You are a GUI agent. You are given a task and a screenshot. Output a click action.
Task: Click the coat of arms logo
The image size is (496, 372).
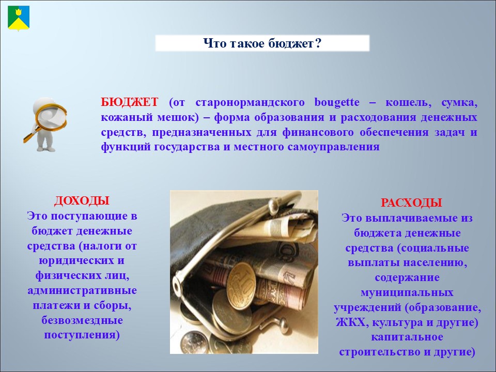pyautogui.click(x=19, y=19)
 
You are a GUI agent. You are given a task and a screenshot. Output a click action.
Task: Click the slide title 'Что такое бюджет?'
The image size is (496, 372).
pyautogui.click(x=262, y=43)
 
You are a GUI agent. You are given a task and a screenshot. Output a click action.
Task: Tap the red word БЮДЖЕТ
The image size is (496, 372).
pyautogui.click(x=130, y=102)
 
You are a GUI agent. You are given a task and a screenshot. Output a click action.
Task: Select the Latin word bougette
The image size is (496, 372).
pyautogui.click(x=337, y=102)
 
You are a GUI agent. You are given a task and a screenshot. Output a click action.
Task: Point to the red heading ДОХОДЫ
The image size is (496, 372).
pyautogui.click(x=82, y=201)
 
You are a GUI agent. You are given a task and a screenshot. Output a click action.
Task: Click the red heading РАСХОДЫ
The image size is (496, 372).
pyautogui.click(x=411, y=203)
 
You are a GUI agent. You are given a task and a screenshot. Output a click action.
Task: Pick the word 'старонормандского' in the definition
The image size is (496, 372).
pyautogui.click(x=250, y=102)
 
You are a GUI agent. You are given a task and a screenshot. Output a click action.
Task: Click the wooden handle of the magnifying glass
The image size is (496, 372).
pyautogui.click(x=31, y=135)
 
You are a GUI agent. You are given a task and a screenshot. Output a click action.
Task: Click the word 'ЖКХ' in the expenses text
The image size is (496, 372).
pyautogui.click(x=352, y=322)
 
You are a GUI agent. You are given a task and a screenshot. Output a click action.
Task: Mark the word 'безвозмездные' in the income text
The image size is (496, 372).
pyautogui.click(x=82, y=320)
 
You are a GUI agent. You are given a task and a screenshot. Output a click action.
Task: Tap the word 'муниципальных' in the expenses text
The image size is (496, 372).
pyautogui.click(x=407, y=292)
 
